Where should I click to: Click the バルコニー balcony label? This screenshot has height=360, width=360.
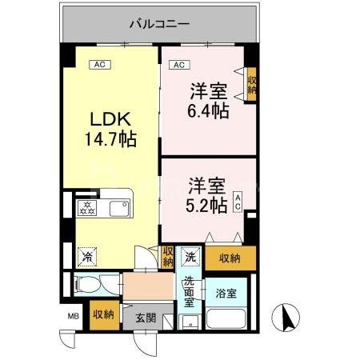160,24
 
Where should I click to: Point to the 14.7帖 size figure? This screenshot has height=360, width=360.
110,139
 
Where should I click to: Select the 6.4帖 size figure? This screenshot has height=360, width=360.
210,110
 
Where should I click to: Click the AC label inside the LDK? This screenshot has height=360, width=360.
99,64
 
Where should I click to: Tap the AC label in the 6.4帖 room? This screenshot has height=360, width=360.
179,64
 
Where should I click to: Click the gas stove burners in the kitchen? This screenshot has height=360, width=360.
86,210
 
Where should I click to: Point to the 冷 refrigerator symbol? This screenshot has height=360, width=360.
85,257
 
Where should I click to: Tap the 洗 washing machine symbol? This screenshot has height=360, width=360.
190,257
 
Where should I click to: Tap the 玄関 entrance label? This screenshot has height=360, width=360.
145,315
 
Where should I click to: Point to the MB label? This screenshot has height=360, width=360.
73,314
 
